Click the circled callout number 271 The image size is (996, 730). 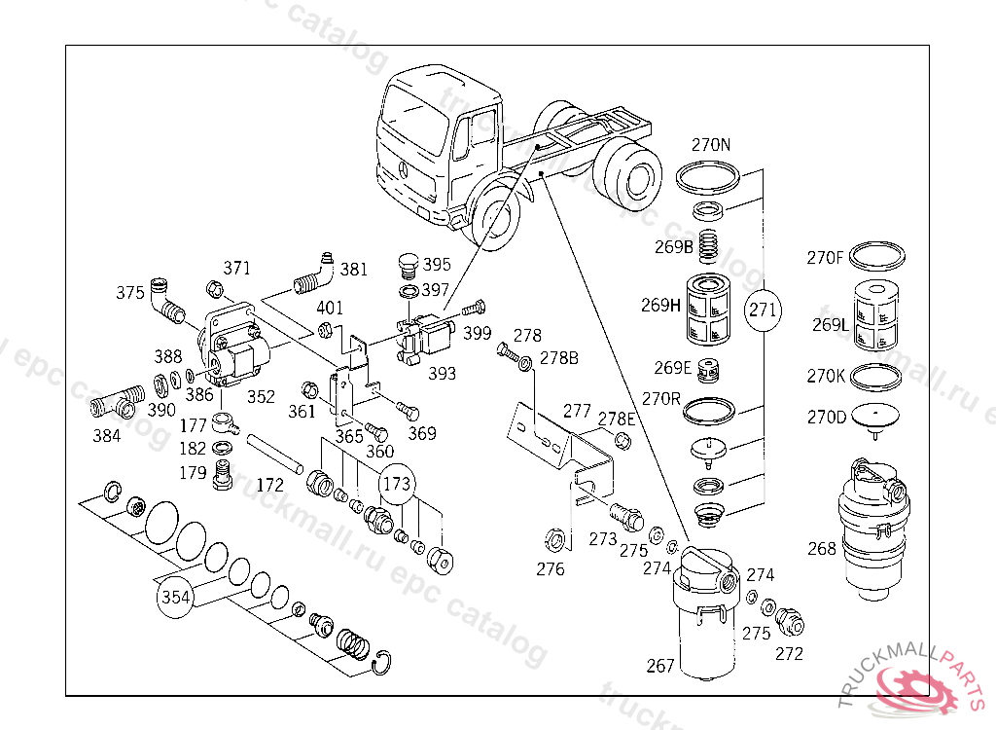pos(763,310)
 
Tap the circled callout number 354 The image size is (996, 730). pos(175,597)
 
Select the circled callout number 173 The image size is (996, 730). pos(397,484)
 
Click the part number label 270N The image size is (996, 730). pos(711,145)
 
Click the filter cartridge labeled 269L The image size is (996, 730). pos(876,316)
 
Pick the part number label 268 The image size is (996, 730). pos(821,548)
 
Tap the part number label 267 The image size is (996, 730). pos(660,666)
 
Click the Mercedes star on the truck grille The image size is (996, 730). pos(403,169)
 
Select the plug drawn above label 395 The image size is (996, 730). pos(408,266)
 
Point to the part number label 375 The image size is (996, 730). pos(129,293)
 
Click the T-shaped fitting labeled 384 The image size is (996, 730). pos(114,402)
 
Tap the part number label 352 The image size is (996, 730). pos(261,397)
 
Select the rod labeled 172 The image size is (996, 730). pos(274,453)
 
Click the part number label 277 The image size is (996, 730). pos(577,412)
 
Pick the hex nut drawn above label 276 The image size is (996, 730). pos(554,540)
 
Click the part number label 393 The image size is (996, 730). pos(442,373)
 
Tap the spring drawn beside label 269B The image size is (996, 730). pos(709,246)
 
